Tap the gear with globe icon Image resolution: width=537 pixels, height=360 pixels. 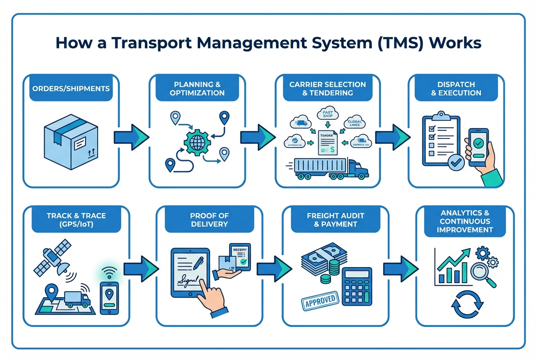tap(197, 141)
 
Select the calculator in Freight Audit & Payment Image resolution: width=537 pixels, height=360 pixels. tap(356, 287)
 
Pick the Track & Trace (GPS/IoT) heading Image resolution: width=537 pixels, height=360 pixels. tap(71, 220)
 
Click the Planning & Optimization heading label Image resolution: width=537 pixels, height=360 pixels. tap(197, 88)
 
